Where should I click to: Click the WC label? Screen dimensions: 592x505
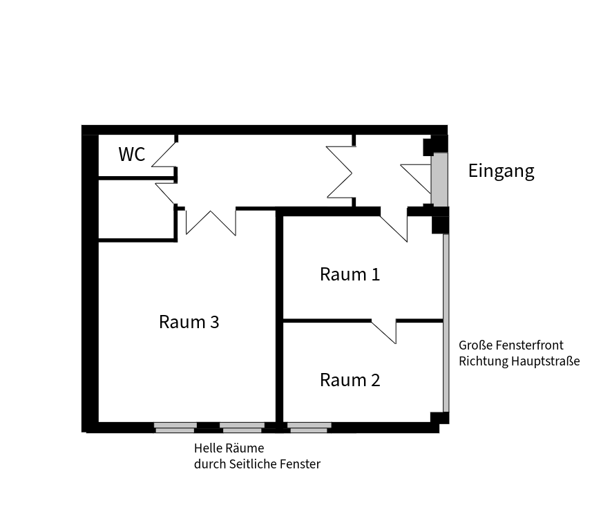coord(132,154)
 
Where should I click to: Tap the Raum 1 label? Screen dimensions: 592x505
coord(350,274)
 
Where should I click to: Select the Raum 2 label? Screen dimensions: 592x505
coord(350,380)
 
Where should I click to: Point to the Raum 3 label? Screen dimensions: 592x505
coord(189,322)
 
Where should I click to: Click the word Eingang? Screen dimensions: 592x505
coord(501,171)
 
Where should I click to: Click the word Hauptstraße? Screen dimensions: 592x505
coord(546,361)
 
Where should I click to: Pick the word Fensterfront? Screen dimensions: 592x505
coord(529,345)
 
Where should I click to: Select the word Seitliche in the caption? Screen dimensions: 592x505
coord(250,464)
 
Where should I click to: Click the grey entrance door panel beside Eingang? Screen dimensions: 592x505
coord(439,180)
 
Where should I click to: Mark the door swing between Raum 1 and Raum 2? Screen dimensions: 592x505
coord(383,332)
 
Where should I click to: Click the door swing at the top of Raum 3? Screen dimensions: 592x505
coord(211,222)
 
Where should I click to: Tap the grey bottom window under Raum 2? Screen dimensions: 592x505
coord(309,428)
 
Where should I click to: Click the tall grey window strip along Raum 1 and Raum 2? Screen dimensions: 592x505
coord(446,323)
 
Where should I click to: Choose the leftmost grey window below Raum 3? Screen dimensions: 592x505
coord(175,428)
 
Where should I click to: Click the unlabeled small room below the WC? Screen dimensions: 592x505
coord(136,209)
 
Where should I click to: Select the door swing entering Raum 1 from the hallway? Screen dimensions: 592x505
coord(394,229)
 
